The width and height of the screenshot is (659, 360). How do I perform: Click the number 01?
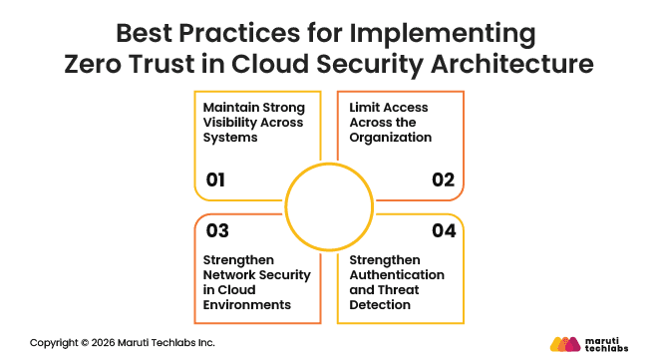coord(216,180)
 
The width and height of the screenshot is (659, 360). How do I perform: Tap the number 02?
coord(443,180)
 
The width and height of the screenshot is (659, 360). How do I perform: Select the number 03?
coord(217,230)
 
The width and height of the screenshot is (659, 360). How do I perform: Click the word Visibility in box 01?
coord(231,122)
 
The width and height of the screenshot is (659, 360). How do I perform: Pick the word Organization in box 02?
coord(392,137)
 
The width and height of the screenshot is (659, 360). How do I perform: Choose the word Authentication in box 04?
coord(398,274)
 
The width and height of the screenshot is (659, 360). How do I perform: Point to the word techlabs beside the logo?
coord(609,348)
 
